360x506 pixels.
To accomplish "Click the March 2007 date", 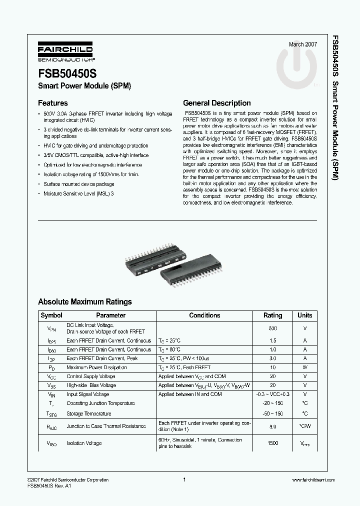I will [303, 44].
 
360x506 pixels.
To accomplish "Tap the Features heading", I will [53, 103].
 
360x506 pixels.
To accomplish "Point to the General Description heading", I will [217, 103].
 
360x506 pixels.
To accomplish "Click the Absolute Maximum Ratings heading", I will [85, 301].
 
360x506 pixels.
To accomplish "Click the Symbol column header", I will [51, 315].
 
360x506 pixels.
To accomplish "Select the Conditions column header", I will [204, 315].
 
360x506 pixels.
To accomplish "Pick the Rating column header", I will [272, 315].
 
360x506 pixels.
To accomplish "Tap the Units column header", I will [304, 315].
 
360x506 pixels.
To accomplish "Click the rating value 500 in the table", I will [272, 328].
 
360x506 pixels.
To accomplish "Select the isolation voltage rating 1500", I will [272, 443].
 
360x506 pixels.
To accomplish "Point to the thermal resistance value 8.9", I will [272, 426].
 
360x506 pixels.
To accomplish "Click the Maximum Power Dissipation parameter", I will [96, 367].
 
